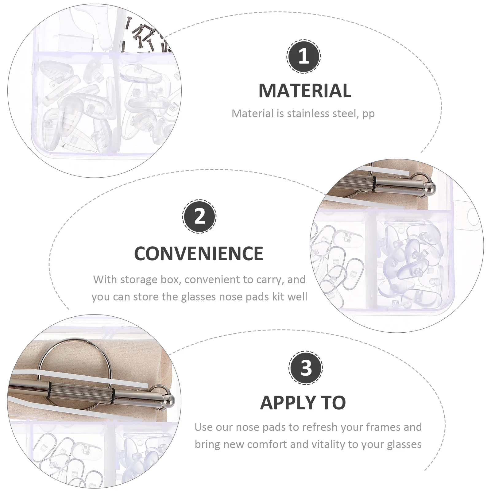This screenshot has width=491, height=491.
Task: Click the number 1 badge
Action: (x=303, y=56)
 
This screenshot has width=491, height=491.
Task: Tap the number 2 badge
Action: (x=199, y=216)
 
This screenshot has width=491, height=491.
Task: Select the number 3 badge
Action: (x=305, y=367)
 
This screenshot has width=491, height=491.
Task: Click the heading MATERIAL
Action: (x=305, y=91)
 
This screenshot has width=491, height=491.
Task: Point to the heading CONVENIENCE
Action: (x=199, y=253)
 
